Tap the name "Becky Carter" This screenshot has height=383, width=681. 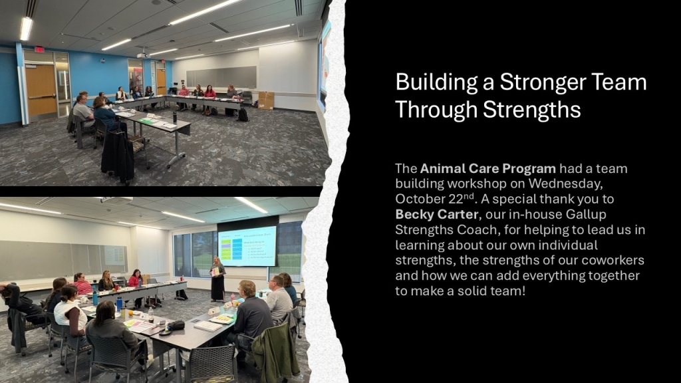tap(437, 214)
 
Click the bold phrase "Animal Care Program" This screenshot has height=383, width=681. tap(487, 168)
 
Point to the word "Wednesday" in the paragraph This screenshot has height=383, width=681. tap(565, 184)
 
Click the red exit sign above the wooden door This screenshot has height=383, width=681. tap(39, 49)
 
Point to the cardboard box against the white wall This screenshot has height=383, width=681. tap(266, 100)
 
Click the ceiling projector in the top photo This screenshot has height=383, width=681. tap(142, 55)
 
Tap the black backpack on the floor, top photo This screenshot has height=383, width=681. tap(242, 114)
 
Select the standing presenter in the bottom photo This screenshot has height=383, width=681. tap(217, 279)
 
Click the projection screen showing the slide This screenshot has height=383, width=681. tap(247, 246)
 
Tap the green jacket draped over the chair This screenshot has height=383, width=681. tap(276, 351)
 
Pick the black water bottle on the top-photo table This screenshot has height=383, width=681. tap(175, 117)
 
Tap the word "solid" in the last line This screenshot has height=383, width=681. tap(470, 291)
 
